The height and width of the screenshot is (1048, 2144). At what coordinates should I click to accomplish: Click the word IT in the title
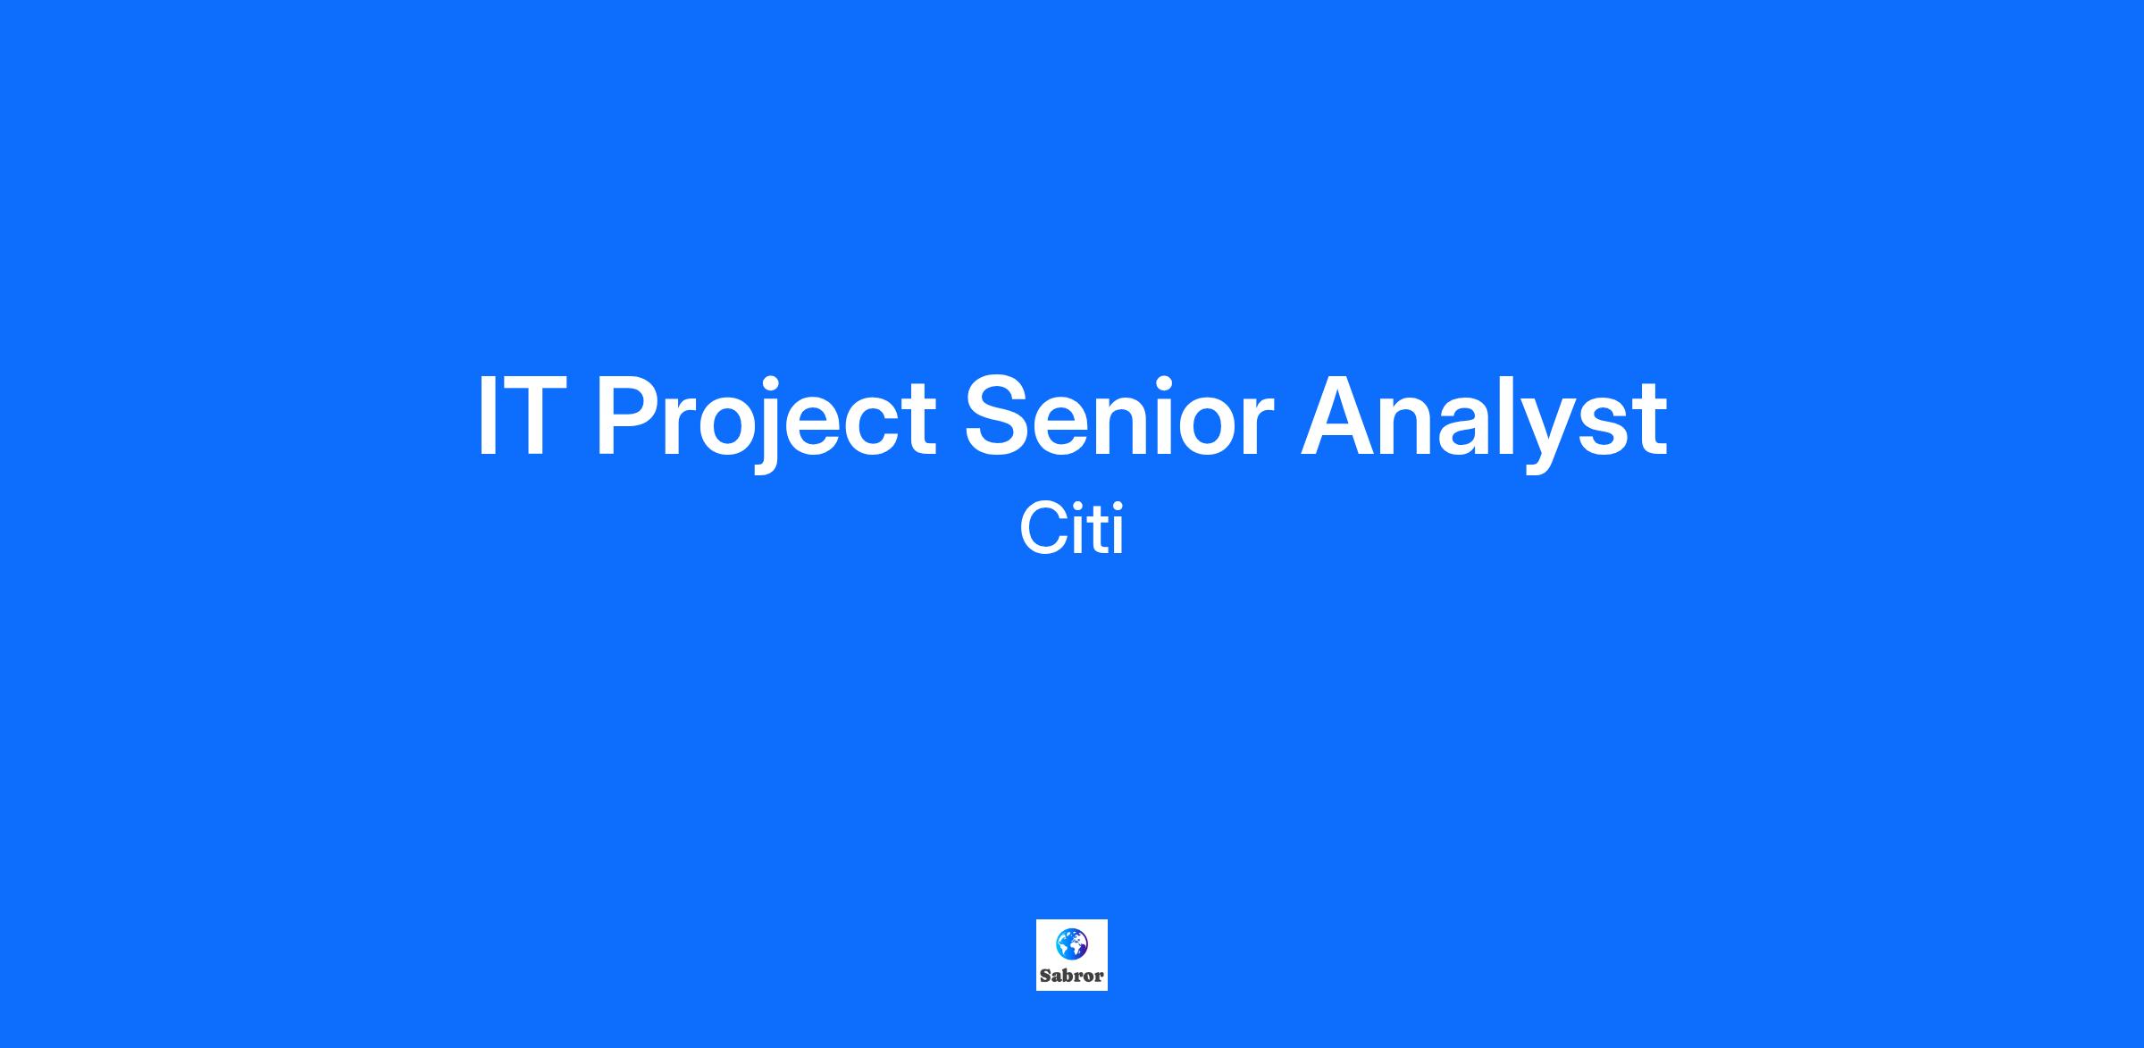pyautogui.click(x=523, y=416)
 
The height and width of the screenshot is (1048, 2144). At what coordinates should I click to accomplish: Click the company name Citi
pyautogui.click(x=1071, y=529)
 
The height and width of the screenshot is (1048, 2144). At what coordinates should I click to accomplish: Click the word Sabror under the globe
pyautogui.click(x=1072, y=976)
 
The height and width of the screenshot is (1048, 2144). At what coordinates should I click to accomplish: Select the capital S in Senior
pyautogui.click(x=999, y=416)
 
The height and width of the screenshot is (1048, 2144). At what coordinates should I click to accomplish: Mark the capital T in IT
pyautogui.click(x=536, y=416)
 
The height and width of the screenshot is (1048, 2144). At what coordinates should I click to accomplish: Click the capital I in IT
pyautogui.click(x=487, y=416)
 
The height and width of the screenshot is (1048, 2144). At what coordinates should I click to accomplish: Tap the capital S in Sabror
pyautogui.click(x=1045, y=976)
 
